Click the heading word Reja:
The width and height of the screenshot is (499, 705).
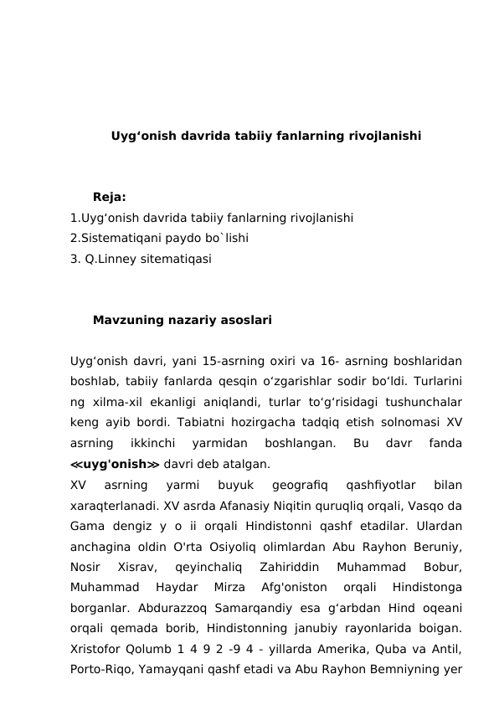click(x=110, y=198)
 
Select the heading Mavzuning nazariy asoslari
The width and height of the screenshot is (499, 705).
click(x=182, y=320)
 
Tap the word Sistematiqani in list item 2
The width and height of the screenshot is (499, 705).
click(x=120, y=239)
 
